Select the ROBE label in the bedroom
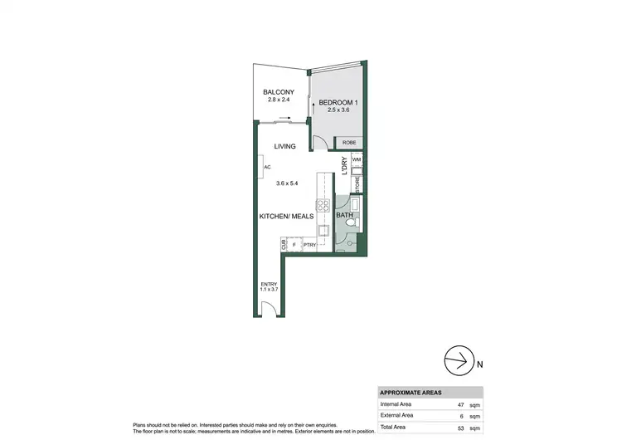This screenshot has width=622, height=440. pyautogui.click(x=349, y=143)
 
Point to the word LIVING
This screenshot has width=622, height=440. pyautogui.click(x=286, y=146)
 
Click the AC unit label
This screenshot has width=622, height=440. pyautogui.click(x=267, y=167)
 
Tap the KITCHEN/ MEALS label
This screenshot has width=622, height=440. pyautogui.click(x=286, y=216)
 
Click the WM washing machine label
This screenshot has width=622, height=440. pyautogui.click(x=356, y=159)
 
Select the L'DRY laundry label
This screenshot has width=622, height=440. pyautogui.click(x=343, y=166)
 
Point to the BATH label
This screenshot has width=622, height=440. pyautogui.click(x=345, y=216)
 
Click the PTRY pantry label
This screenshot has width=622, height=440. pyautogui.click(x=310, y=245)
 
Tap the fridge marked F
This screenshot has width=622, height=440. pyautogui.click(x=293, y=245)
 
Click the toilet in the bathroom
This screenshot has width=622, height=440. pyautogui.click(x=349, y=243)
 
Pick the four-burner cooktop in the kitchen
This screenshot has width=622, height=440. pyautogui.click(x=321, y=206)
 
